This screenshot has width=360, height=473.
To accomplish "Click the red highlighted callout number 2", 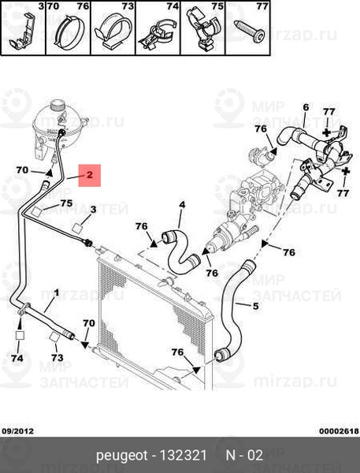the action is click(90, 175).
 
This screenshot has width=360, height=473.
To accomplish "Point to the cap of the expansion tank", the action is click(58, 105).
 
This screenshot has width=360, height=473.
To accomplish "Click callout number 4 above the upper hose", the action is click(182, 205).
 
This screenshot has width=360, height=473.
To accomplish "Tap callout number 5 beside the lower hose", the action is click(256, 306).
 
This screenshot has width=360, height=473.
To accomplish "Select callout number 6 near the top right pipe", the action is click(306, 107).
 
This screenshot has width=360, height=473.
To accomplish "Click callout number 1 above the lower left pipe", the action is click(57, 292).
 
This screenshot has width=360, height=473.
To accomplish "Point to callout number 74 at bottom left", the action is click(17, 358).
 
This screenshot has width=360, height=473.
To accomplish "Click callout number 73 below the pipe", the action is click(57, 357).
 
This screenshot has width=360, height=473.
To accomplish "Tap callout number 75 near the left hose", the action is click(67, 203).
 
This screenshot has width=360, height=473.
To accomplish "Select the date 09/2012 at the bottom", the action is click(18, 431).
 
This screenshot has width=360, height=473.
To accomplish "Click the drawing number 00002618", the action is click(340, 431).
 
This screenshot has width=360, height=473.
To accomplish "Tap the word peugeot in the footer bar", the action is click(122, 456).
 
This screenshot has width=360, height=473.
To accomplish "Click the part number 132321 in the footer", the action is click(183, 455).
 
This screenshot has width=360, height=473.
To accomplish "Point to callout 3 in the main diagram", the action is click(93, 210).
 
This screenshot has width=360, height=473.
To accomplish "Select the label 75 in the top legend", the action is click(217, 6).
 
